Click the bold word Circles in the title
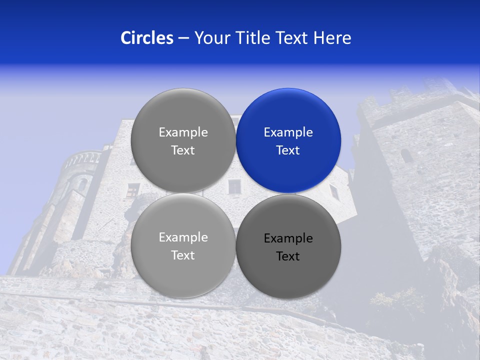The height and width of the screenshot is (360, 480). tap(146, 38)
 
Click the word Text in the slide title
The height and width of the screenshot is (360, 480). tap(292, 38)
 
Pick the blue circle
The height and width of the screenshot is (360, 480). tap(288, 140)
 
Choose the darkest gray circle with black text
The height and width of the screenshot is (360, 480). tap(288, 246)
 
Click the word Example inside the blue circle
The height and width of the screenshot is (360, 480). tap(288, 132)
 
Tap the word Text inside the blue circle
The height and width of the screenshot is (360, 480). tap(288, 150)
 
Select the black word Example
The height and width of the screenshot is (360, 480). tap(288, 238)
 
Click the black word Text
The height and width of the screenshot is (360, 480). tap(288, 256)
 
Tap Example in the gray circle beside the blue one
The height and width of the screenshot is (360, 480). tap(183, 132)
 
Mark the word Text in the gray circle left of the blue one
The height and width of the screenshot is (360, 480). tap(183, 150)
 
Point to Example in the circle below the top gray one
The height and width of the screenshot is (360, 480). tap(183, 237)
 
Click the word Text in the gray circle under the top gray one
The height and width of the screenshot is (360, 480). tap(183, 255)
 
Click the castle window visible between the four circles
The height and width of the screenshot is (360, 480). tap(234, 187)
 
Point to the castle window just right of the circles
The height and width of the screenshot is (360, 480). tap(334, 191)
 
